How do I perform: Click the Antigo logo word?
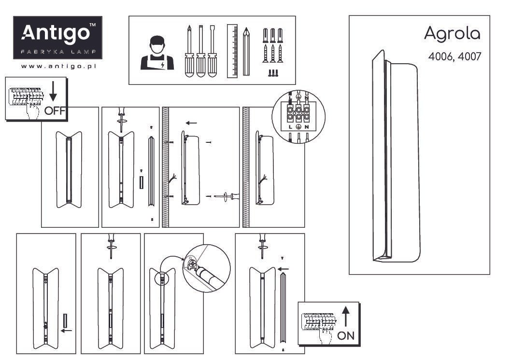point(57,33)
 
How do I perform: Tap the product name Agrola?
point(452,33)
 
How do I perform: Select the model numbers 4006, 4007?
point(454,56)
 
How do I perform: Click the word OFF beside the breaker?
point(55,111)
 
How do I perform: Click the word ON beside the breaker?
point(346,336)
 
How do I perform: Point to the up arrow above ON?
point(346,316)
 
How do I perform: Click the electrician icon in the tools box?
point(156,53)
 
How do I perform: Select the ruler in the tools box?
point(232,51)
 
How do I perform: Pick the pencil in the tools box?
point(247,52)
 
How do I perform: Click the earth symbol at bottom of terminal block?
point(298,127)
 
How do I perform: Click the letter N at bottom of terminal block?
point(307,127)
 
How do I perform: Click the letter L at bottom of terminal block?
point(290,127)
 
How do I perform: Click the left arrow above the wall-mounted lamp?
point(191,123)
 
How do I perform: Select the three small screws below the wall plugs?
point(273,73)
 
